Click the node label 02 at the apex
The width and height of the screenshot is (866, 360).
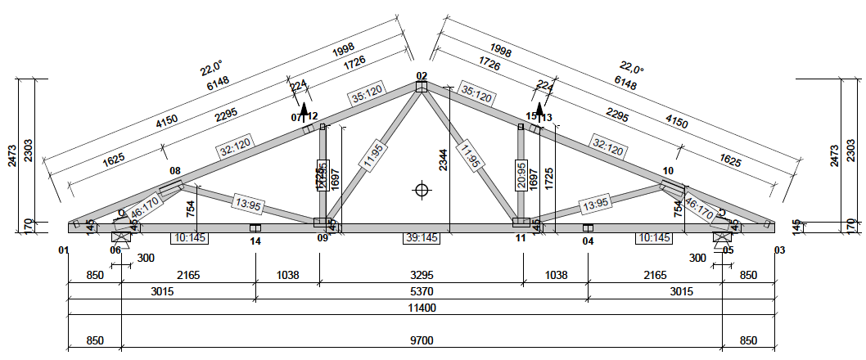[422, 76]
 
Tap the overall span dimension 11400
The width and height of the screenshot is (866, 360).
[421, 308]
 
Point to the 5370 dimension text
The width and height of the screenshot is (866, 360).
[421, 291]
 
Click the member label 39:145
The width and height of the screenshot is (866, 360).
[422, 238]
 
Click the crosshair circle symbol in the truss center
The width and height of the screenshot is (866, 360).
[422, 190]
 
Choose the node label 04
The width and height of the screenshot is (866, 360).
[588, 241]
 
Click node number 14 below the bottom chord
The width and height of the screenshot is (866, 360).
[255, 241]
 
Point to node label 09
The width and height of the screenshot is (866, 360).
[322, 239]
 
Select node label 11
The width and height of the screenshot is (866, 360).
[521, 239]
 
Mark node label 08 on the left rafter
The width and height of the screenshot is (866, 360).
[175, 171]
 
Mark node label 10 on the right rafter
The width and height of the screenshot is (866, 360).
[668, 171]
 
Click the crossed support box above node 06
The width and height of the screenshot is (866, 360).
[120, 237]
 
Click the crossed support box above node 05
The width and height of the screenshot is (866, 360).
[722, 237]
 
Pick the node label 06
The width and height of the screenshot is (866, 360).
[115, 250]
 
